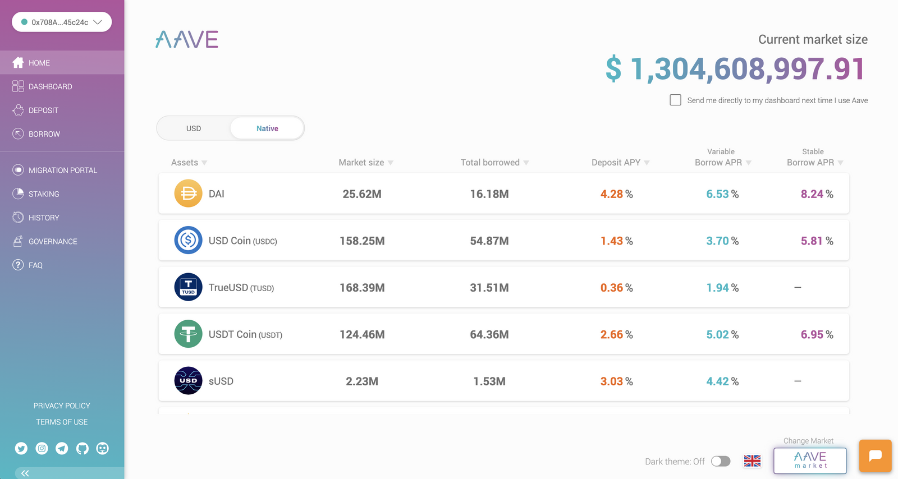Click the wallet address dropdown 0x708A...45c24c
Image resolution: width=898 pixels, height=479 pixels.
click(x=62, y=22)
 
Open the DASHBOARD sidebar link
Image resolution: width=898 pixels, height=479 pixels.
click(x=50, y=86)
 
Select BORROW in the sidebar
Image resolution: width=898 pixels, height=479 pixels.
click(x=44, y=134)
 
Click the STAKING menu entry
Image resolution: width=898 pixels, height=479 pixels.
click(x=43, y=194)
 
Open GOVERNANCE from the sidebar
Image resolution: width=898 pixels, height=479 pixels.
click(x=53, y=242)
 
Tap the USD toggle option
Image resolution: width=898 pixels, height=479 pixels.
click(x=194, y=128)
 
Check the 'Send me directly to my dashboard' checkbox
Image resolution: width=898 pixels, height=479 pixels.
click(x=675, y=100)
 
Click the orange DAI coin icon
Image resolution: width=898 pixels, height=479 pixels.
click(x=188, y=194)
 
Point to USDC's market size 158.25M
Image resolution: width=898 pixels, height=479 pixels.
click(x=362, y=241)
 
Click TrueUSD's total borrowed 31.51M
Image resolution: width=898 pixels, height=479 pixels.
click(x=489, y=288)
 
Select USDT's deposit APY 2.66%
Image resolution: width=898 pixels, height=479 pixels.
click(x=616, y=334)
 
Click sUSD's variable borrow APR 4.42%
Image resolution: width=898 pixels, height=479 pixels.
click(x=722, y=381)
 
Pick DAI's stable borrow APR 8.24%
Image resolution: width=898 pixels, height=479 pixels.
click(x=817, y=194)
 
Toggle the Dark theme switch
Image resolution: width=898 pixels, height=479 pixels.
click(x=721, y=461)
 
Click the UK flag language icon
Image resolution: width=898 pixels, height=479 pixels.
click(x=752, y=461)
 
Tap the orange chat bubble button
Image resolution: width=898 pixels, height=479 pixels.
click(x=875, y=455)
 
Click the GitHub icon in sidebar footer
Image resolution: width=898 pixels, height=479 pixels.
click(x=83, y=448)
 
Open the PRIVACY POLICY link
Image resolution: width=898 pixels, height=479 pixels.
click(x=62, y=406)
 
